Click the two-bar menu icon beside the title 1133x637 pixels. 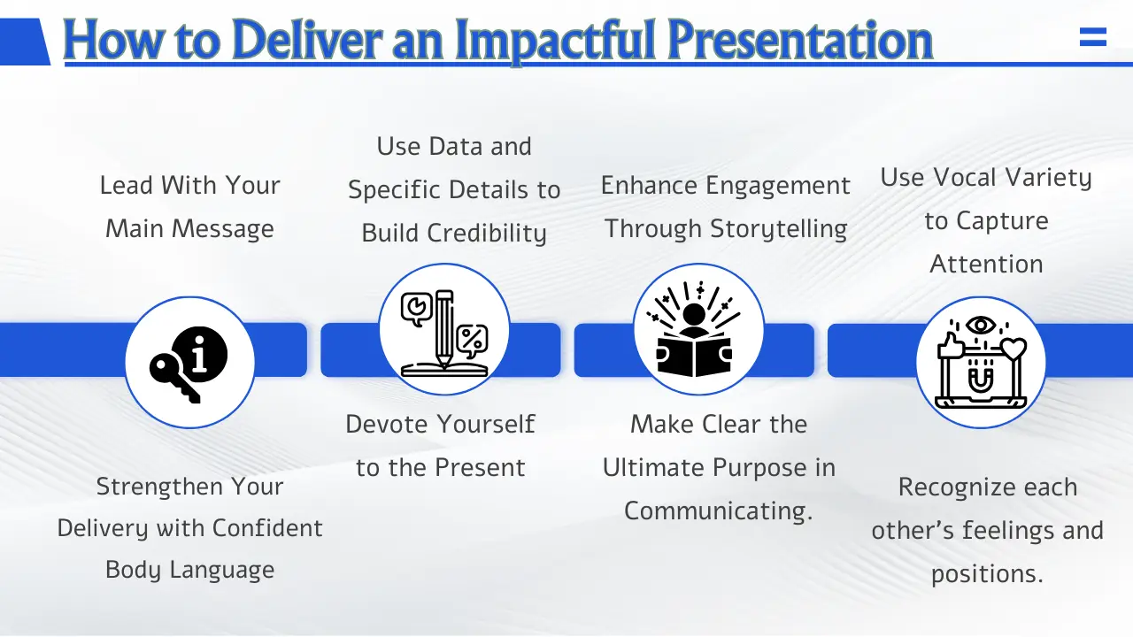[1093, 37]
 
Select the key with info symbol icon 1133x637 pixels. [189, 363]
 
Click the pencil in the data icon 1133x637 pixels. [443, 328]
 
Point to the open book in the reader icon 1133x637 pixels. [695, 356]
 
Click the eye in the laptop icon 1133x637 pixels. [981, 326]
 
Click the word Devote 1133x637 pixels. [390, 424]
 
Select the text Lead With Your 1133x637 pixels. [189, 185]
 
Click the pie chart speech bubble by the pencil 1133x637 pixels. [414, 308]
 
